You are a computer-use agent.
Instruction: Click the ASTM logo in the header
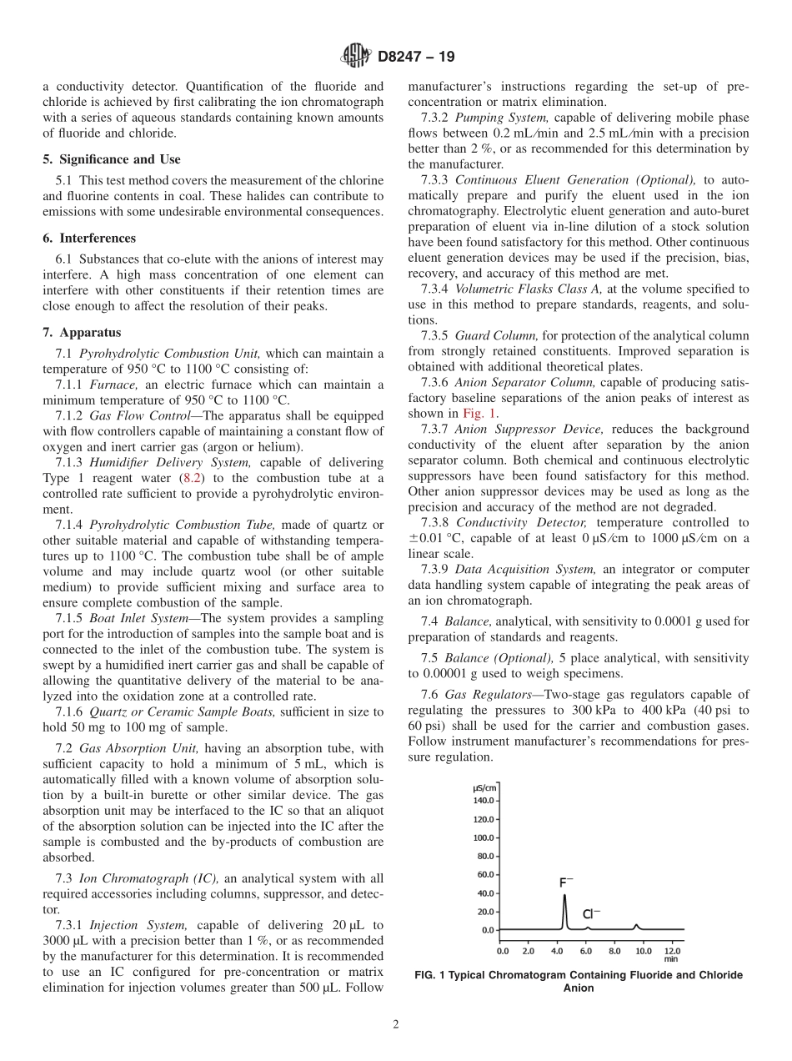pos(356,57)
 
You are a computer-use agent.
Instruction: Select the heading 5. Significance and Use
pos(112,159)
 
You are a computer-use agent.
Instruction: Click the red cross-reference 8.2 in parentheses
pos(191,478)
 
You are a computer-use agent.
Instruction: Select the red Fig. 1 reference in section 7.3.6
pos(479,413)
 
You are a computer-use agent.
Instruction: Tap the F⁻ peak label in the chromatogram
pos(566,882)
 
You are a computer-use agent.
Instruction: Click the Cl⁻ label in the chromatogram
pos(591,914)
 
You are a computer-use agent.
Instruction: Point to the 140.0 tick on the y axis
pos(484,801)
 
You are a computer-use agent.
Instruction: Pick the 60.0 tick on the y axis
pos(485,874)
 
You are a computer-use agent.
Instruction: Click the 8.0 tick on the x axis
pos(614,950)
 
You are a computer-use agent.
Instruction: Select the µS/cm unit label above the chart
pos(485,788)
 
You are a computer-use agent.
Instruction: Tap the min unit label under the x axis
pos(671,959)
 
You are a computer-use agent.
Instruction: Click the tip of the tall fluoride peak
pos(564,895)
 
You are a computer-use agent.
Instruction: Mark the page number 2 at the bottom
pos(396,1025)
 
